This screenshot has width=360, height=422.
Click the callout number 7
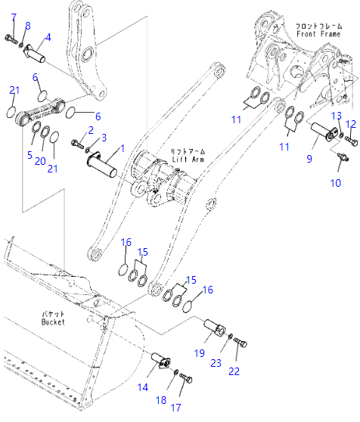click(x=14, y=17)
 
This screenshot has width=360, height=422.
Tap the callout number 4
click(x=48, y=37)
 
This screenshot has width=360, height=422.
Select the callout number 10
click(x=336, y=183)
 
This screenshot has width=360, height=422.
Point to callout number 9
click(x=309, y=159)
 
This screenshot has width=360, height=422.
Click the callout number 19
click(x=200, y=353)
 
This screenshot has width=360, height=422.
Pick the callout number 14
click(x=143, y=387)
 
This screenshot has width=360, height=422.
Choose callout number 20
click(x=40, y=161)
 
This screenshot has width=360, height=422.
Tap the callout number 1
click(x=123, y=148)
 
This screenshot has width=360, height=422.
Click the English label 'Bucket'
click(x=53, y=322)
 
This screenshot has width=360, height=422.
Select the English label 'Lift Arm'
click(x=188, y=160)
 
